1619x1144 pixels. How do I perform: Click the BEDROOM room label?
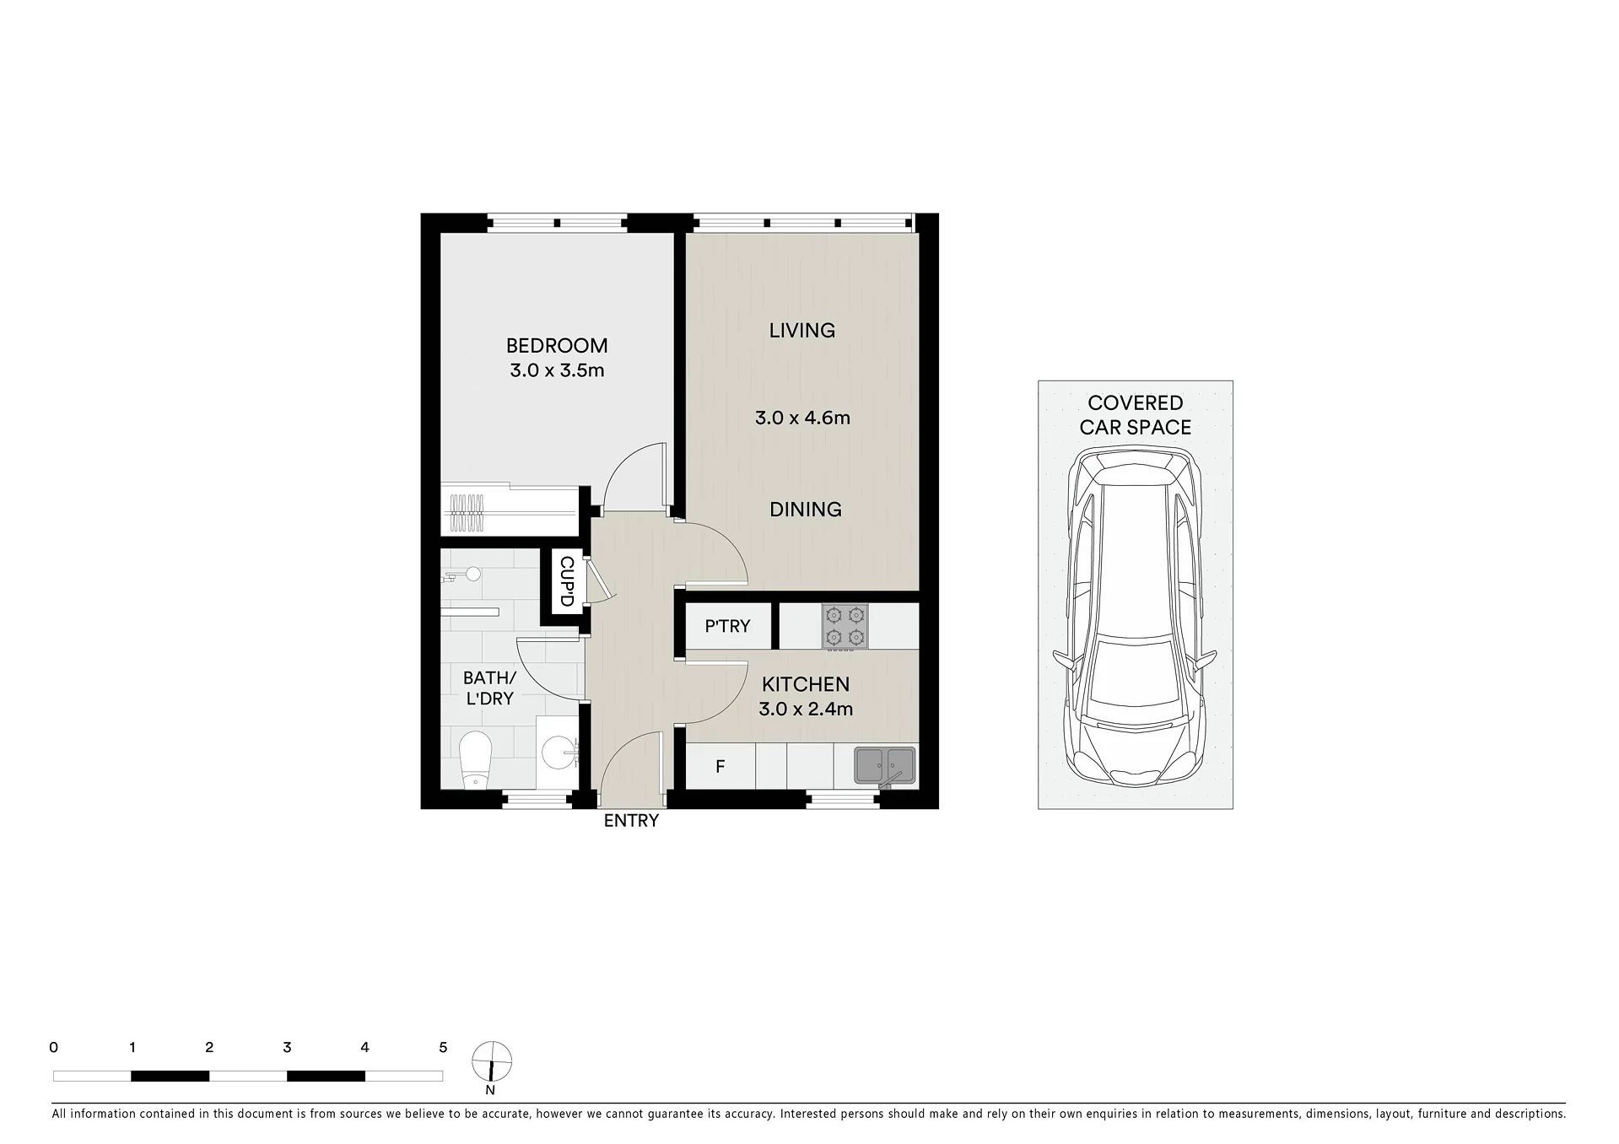[x=557, y=345]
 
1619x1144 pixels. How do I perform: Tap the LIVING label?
[x=802, y=331]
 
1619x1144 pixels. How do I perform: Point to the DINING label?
[x=806, y=510]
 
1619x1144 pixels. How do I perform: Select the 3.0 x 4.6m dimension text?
[x=802, y=418]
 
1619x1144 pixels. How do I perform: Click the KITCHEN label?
[x=806, y=684]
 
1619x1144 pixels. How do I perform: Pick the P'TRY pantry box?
[x=728, y=626]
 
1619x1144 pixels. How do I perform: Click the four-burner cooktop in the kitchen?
[x=845, y=626]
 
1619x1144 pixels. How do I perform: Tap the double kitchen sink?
[x=884, y=765]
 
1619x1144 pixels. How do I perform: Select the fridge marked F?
[x=720, y=766]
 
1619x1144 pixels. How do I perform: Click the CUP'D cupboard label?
[x=566, y=581]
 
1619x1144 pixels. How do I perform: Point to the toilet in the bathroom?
[x=475, y=759]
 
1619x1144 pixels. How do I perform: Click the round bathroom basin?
[x=558, y=749]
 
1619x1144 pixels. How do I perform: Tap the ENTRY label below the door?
[x=631, y=821]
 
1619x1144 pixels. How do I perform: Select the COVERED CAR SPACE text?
[x=1136, y=415]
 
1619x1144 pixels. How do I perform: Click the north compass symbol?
[x=491, y=1061]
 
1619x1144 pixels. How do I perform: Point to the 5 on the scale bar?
[x=443, y=1048]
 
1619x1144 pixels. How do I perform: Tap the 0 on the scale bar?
[x=54, y=1048]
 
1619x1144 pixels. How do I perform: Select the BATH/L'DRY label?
[x=489, y=688]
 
